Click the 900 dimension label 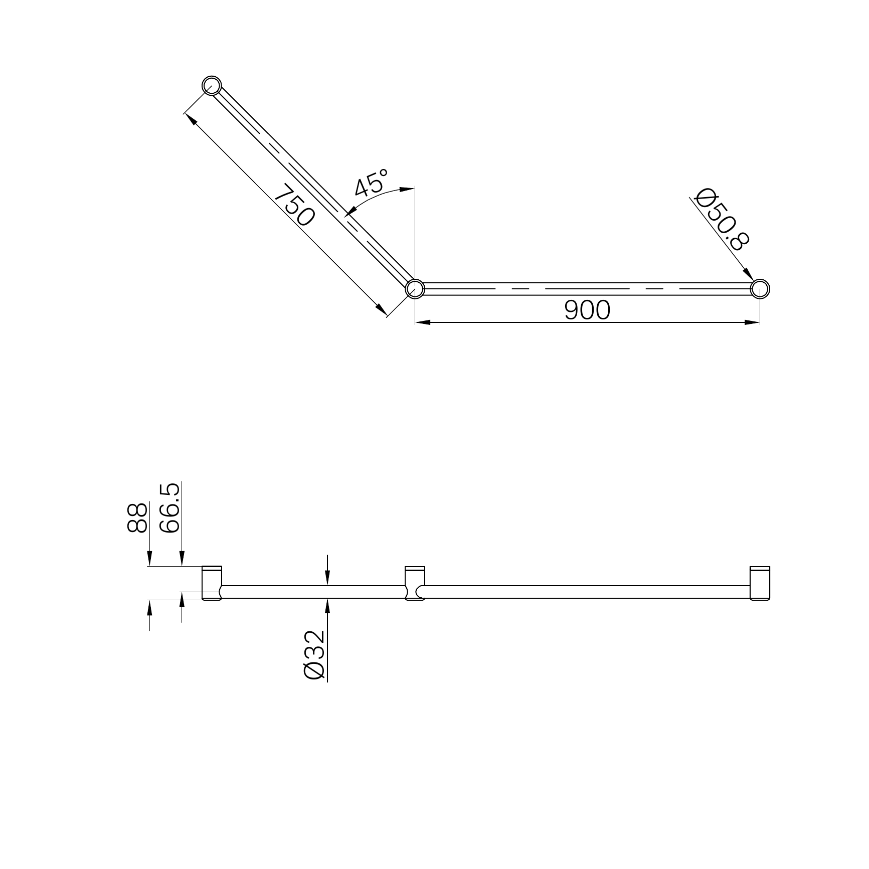point(587,310)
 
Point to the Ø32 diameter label point(315,655)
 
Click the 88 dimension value point(137,517)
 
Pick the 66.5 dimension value point(169,508)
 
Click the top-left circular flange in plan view point(212,86)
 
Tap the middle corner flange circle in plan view point(415,289)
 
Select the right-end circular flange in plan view point(760,289)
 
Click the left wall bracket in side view point(212,583)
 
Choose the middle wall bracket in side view point(415,583)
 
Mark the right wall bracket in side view point(760,583)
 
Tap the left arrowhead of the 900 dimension point(423,322)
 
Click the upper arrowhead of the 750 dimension point(190,118)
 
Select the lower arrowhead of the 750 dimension point(382,310)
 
